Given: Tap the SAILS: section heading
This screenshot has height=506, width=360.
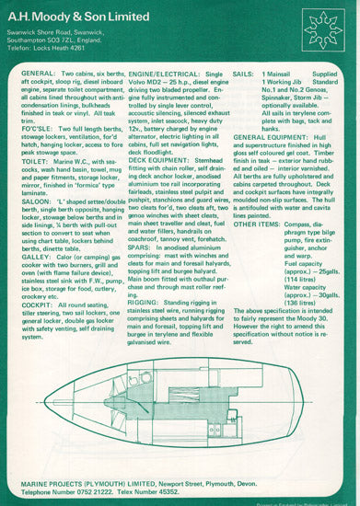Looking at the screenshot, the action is (x=243, y=71).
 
